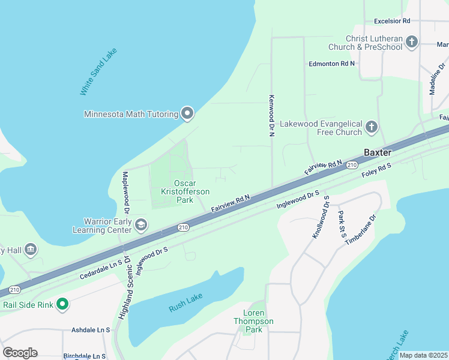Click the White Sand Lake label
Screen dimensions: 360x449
click(x=98, y=71)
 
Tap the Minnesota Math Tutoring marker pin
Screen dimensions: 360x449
click(x=187, y=113)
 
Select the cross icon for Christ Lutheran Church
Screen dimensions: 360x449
click(x=412, y=42)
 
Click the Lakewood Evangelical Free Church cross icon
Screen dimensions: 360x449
click(x=372, y=127)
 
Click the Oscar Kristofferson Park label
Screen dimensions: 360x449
click(x=185, y=191)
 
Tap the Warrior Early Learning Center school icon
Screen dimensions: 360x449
click(x=141, y=225)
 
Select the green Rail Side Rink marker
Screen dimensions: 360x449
click(x=62, y=305)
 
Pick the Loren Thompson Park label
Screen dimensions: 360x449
click(x=253, y=321)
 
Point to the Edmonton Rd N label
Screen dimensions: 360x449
click(x=331, y=63)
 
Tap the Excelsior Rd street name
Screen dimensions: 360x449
click(x=391, y=20)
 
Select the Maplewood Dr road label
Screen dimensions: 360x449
click(x=127, y=193)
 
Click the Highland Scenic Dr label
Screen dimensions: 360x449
click(x=128, y=284)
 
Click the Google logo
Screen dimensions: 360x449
click(x=20, y=352)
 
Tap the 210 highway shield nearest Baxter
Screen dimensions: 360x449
click(x=352, y=164)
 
